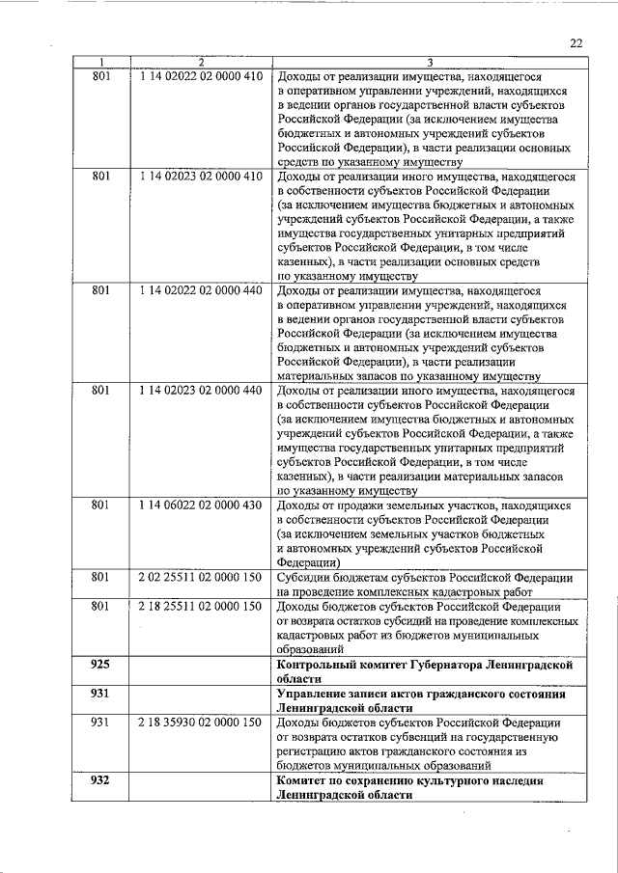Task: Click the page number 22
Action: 576,42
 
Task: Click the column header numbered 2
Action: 200,63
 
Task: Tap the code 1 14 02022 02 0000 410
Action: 200,75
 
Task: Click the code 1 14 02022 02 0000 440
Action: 200,288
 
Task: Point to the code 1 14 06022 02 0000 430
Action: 200,505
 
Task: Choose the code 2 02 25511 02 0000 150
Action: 200,577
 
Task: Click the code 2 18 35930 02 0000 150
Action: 200,722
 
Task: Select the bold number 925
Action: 100,665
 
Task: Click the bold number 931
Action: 100,694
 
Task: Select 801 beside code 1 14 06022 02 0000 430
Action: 100,505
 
